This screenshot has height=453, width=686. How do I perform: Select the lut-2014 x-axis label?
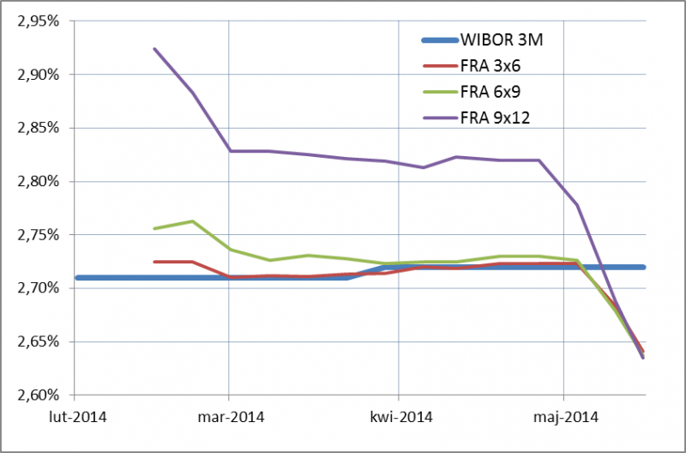click(74, 418)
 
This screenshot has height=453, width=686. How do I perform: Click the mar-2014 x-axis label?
click(229, 418)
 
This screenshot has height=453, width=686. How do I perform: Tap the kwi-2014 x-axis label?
click(399, 418)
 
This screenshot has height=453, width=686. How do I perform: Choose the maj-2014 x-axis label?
click(563, 418)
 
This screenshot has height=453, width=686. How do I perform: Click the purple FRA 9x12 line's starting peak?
click(154, 49)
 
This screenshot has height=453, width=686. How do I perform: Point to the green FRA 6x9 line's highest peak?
click(192, 221)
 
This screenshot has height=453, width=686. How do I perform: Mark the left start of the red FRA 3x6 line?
click(154, 262)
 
